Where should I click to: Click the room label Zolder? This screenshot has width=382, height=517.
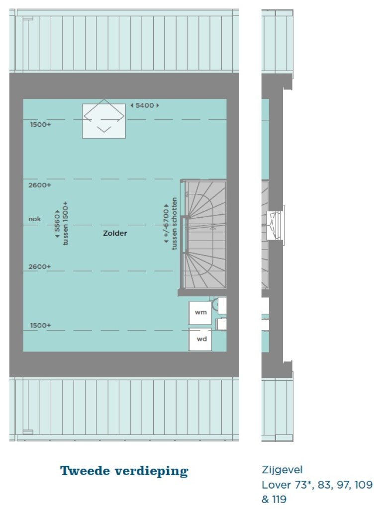click(115, 233)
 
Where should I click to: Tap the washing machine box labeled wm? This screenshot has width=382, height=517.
click(200, 313)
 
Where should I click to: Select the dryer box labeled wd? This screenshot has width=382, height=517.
click(200, 339)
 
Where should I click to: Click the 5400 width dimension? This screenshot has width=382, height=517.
click(145, 105)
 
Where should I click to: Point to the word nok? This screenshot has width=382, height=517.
click(35, 219)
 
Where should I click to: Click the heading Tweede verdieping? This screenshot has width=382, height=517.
click(124, 471)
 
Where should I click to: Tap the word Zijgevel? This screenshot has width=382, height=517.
click(282, 470)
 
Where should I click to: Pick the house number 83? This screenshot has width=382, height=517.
click(325, 485)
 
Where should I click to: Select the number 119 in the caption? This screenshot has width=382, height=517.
click(279, 500)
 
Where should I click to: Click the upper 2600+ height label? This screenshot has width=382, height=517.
click(40, 185)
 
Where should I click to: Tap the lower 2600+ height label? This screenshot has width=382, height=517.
click(40, 267)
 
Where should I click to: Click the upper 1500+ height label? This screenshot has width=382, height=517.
click(41, 125)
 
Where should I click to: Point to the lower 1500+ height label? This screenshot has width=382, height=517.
click(41, 326)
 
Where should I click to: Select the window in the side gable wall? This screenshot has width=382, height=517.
click(275, 226)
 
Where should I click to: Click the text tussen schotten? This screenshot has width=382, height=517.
click(174, 224)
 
